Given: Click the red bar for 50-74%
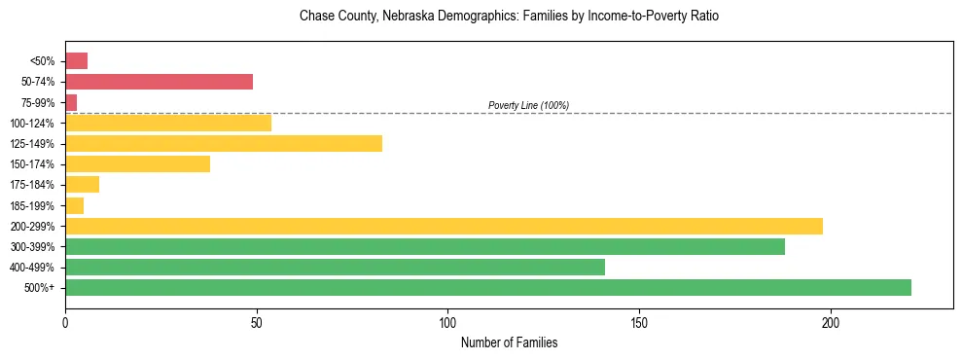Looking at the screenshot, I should point(159,82).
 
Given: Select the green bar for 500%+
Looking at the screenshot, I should point(487,287).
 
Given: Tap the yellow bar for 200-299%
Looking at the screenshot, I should point(444,226).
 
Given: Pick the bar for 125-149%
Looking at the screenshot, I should point(224,144).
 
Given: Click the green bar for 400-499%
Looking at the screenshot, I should point(335,267).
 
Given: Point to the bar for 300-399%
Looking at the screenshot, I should point(424,246).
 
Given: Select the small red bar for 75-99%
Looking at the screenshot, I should point(71,102).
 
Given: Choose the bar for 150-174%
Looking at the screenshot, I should point(137,164).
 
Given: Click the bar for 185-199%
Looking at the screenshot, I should point(74,205).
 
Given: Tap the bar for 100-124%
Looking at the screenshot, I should point(168,123).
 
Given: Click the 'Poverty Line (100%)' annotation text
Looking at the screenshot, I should point(528,105).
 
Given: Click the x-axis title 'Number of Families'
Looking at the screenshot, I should point(509,342).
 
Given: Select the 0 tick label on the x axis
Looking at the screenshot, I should point(65,322).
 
